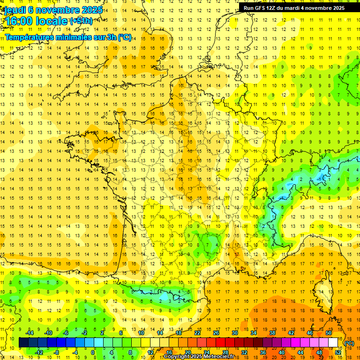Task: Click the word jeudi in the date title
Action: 14,9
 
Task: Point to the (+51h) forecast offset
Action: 81,21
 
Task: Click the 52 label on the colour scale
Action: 338,352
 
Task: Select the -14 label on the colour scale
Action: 29,332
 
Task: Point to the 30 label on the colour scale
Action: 234,332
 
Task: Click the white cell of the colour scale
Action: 333,343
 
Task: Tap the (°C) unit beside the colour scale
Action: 349,343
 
